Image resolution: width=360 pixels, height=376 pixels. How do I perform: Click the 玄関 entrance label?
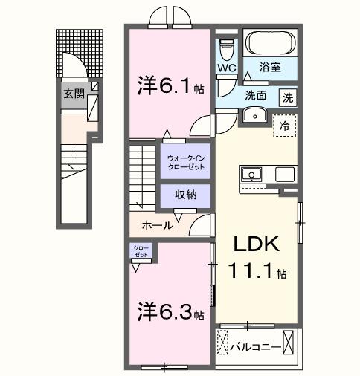click(73, 94)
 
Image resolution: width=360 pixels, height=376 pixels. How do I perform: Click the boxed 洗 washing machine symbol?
click(288, 97)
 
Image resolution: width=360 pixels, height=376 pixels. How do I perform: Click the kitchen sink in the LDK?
click(250, 175)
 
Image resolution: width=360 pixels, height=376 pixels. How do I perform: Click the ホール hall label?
click(158, 224)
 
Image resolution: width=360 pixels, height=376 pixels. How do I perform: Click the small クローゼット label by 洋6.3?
click(141, 252)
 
